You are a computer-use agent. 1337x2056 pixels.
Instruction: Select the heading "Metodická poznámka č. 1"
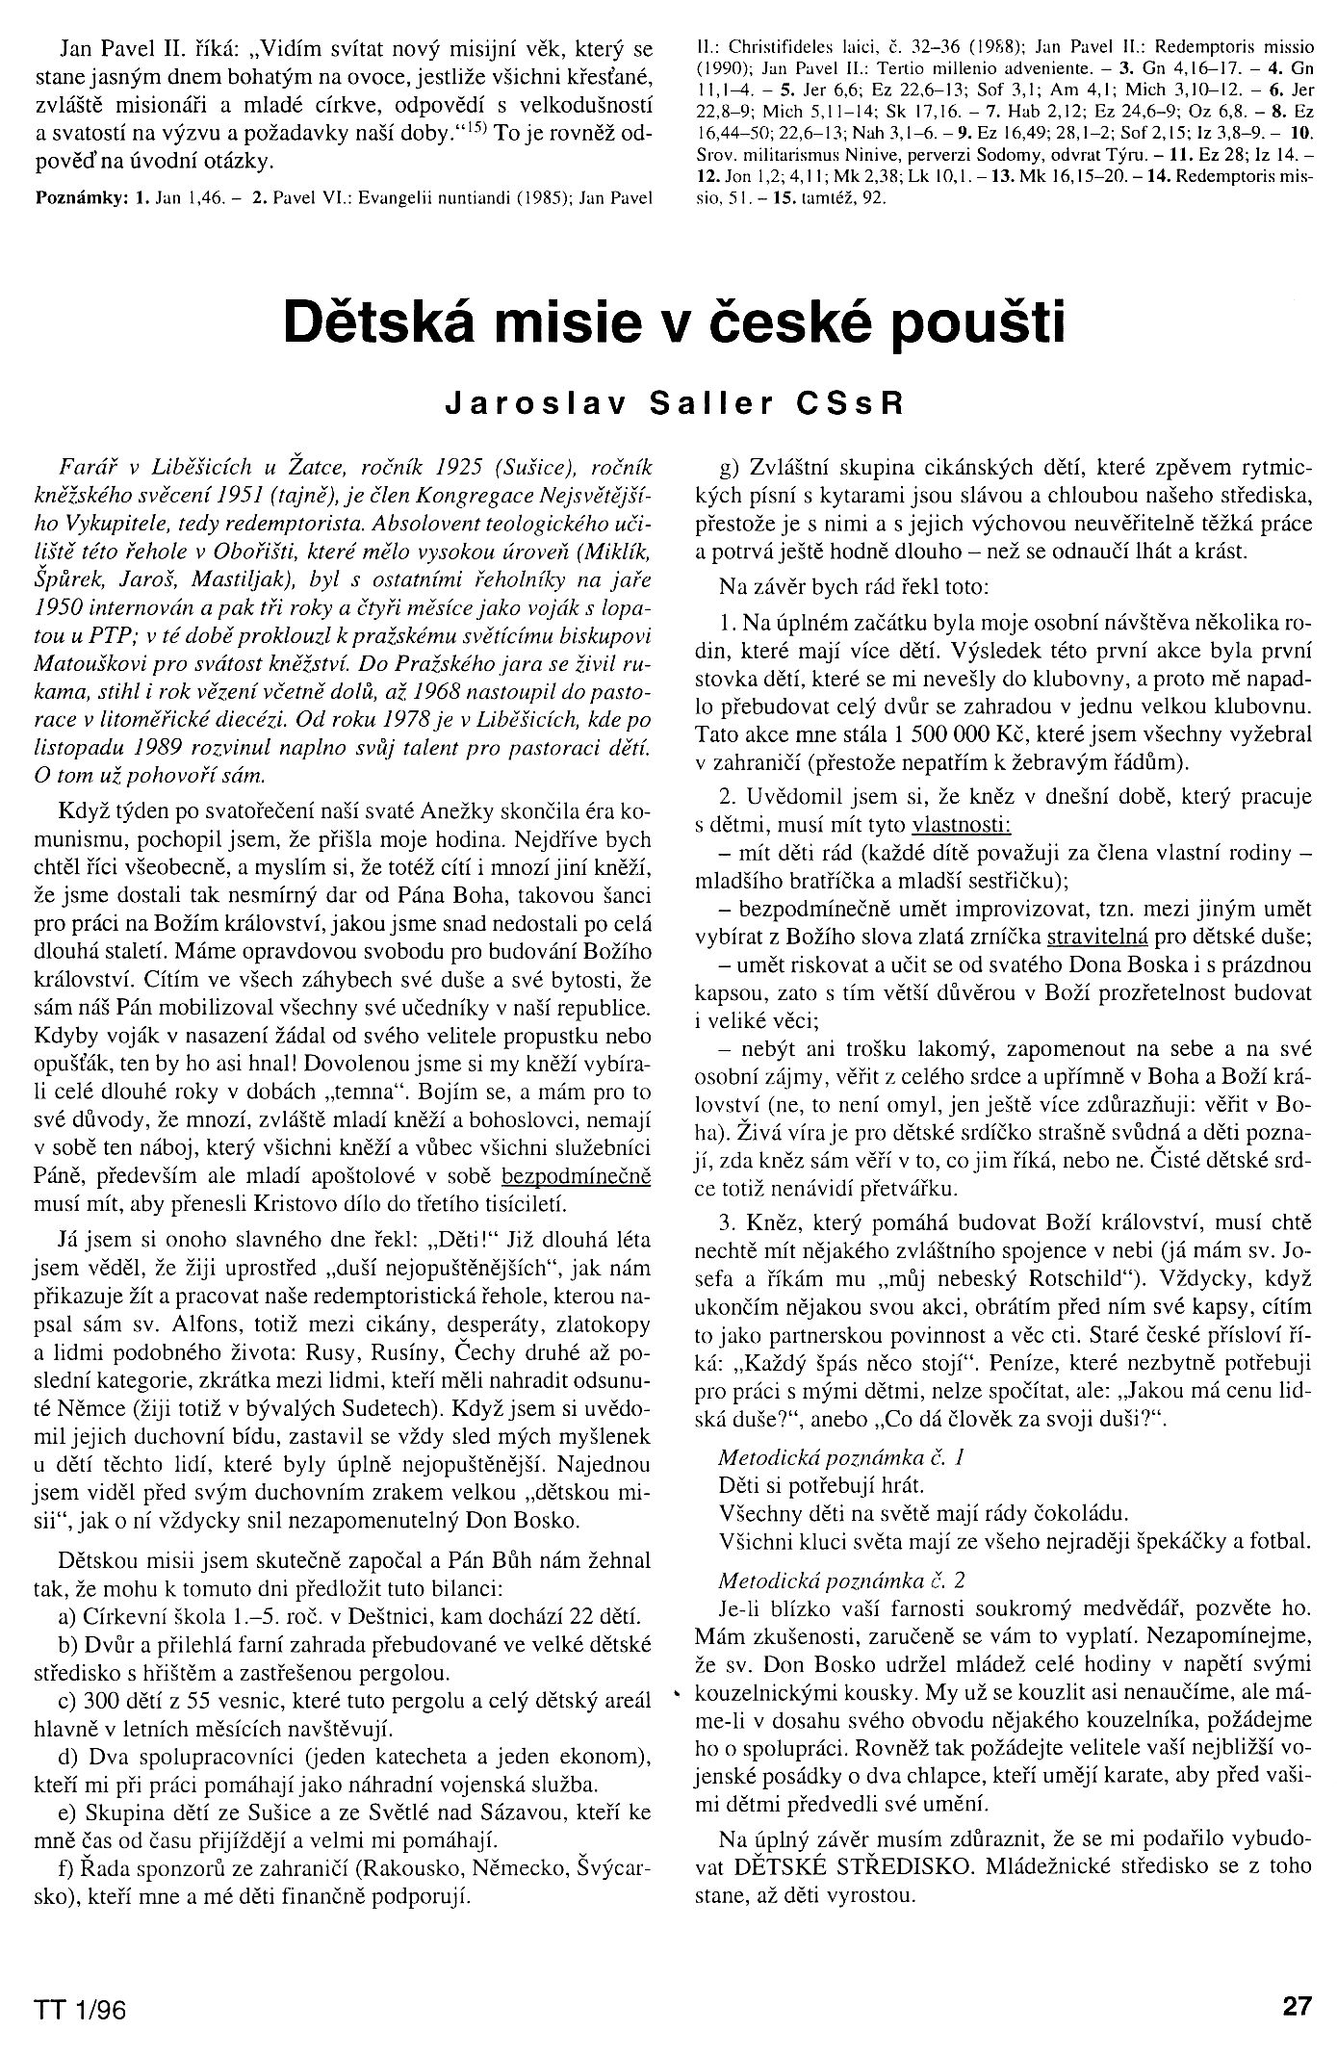tap(841, 1457)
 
